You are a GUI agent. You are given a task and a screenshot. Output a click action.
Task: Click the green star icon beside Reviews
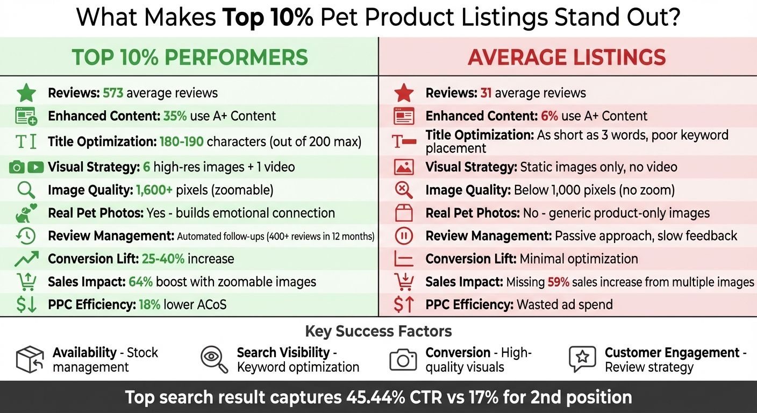[26, 93]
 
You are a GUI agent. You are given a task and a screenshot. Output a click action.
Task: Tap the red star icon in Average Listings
[404, 93]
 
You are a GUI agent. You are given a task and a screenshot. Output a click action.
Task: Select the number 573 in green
[113, 93]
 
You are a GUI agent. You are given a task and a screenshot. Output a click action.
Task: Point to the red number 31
[486, 93]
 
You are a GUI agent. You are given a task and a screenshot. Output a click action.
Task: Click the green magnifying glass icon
[26, 190]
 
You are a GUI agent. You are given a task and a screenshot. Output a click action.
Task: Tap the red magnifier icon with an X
[404, 190]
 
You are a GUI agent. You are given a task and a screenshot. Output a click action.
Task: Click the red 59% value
[558, 282]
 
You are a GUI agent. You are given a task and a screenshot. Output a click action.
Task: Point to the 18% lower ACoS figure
[150, 305]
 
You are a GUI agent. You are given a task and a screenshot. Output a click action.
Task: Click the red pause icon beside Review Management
[404, 236]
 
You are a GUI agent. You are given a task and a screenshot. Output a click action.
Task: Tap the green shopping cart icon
[26, 281]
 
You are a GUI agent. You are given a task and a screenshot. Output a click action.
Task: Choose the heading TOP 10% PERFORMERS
[190, 58]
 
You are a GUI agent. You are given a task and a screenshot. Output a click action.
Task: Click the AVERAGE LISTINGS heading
[567, 58]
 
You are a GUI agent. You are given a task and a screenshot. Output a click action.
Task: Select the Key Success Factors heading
[378, 331]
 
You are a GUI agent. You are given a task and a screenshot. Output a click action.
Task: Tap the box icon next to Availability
[30, 359]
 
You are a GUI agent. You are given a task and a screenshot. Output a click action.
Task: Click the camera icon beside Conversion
[403, 359]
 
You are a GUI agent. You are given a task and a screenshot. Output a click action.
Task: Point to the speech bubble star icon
[582, 359]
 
